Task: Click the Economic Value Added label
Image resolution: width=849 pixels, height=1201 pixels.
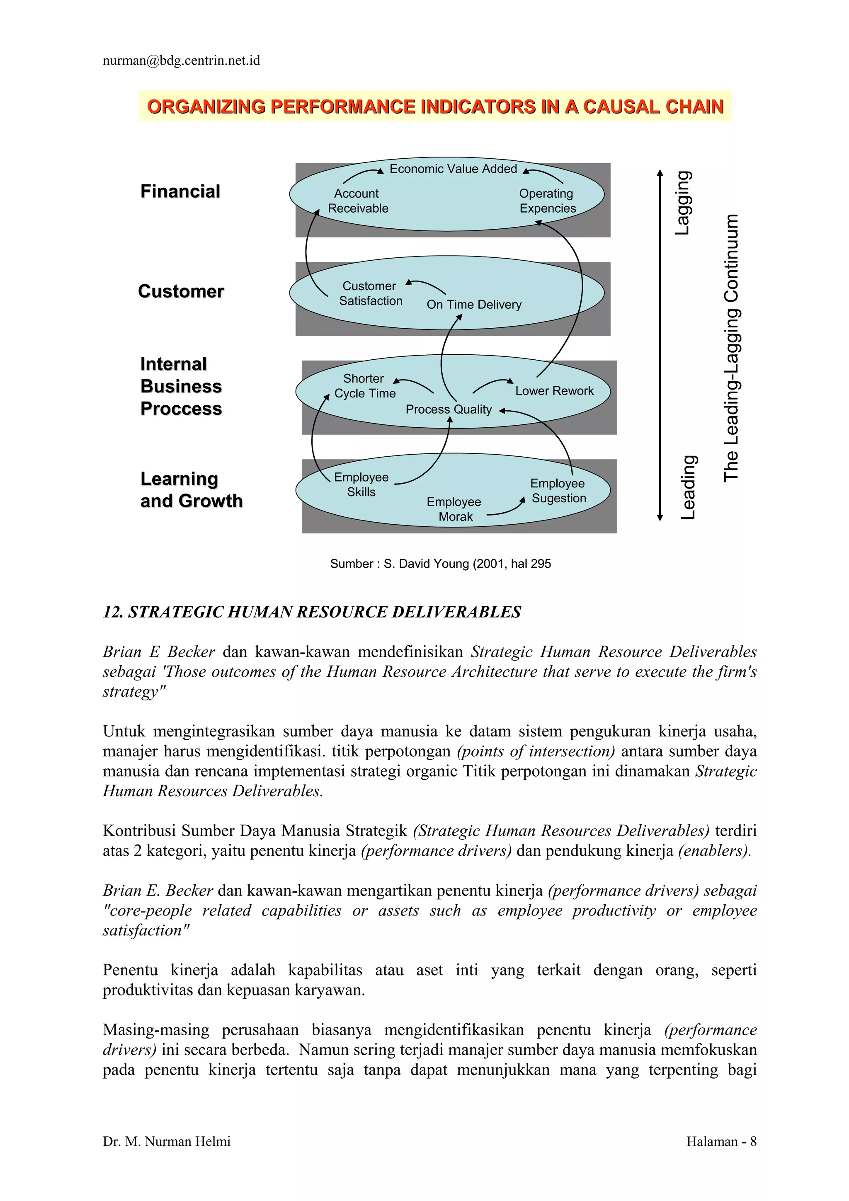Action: pos(453,169)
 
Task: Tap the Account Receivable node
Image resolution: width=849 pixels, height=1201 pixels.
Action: pos(358,201)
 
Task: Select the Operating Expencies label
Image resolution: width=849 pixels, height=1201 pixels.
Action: pos(547,201)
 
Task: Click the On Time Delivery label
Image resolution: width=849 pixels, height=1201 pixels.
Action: pos(474,305)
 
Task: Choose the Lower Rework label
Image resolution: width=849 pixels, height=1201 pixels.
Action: pos(555,391)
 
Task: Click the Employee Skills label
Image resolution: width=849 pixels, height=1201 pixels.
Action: pos(361,484)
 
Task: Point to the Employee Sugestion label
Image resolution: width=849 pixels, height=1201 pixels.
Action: pos(558,491)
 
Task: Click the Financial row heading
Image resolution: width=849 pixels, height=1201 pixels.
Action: pos(180,191)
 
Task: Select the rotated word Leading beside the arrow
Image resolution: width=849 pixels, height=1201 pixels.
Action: pos(688,487)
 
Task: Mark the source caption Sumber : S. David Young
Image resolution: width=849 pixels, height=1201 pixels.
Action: pos(440,564)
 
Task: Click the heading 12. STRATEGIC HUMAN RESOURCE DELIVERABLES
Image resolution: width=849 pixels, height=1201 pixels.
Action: pos(312,612)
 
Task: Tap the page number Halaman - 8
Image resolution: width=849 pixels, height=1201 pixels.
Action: pos(721,1141)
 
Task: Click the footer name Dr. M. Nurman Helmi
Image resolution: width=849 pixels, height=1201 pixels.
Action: pos(166,1141)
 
